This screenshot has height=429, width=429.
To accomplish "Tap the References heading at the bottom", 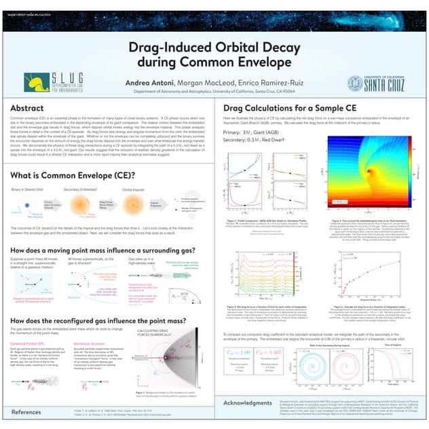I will (26, 412).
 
